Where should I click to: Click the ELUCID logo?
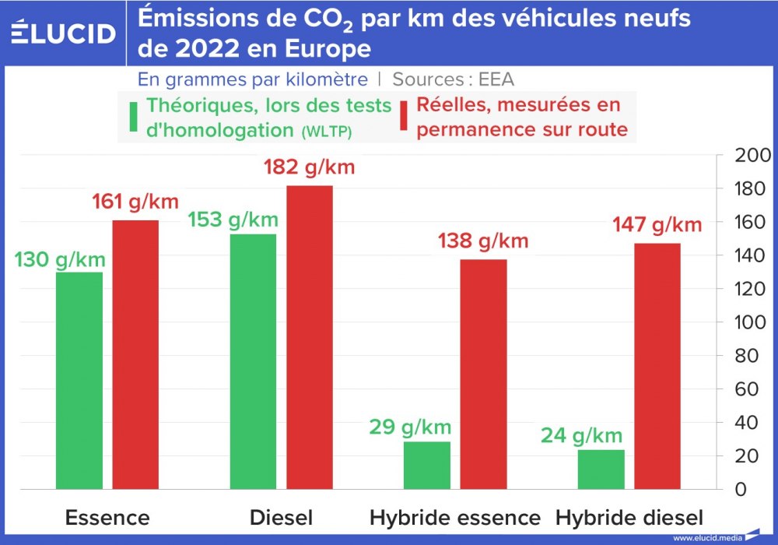(64, 33)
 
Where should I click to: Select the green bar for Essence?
(79, 381)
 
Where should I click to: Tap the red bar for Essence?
(135, 355)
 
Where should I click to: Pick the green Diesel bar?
(254, 362)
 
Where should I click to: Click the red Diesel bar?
(310, 338)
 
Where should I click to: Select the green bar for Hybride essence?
(427, 466)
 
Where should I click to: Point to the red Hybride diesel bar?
(657, 367)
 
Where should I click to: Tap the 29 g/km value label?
(410, 427)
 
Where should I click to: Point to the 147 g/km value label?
(656, 225)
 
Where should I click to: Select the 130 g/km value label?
(58, 259)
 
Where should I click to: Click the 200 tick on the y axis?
(752, 155)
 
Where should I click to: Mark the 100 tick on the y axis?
(752, 322)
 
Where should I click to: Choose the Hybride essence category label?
(455, 518)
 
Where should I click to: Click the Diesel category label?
(282, 518)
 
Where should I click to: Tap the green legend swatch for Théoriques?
(134, 117)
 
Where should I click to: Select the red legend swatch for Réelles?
(404, 117)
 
